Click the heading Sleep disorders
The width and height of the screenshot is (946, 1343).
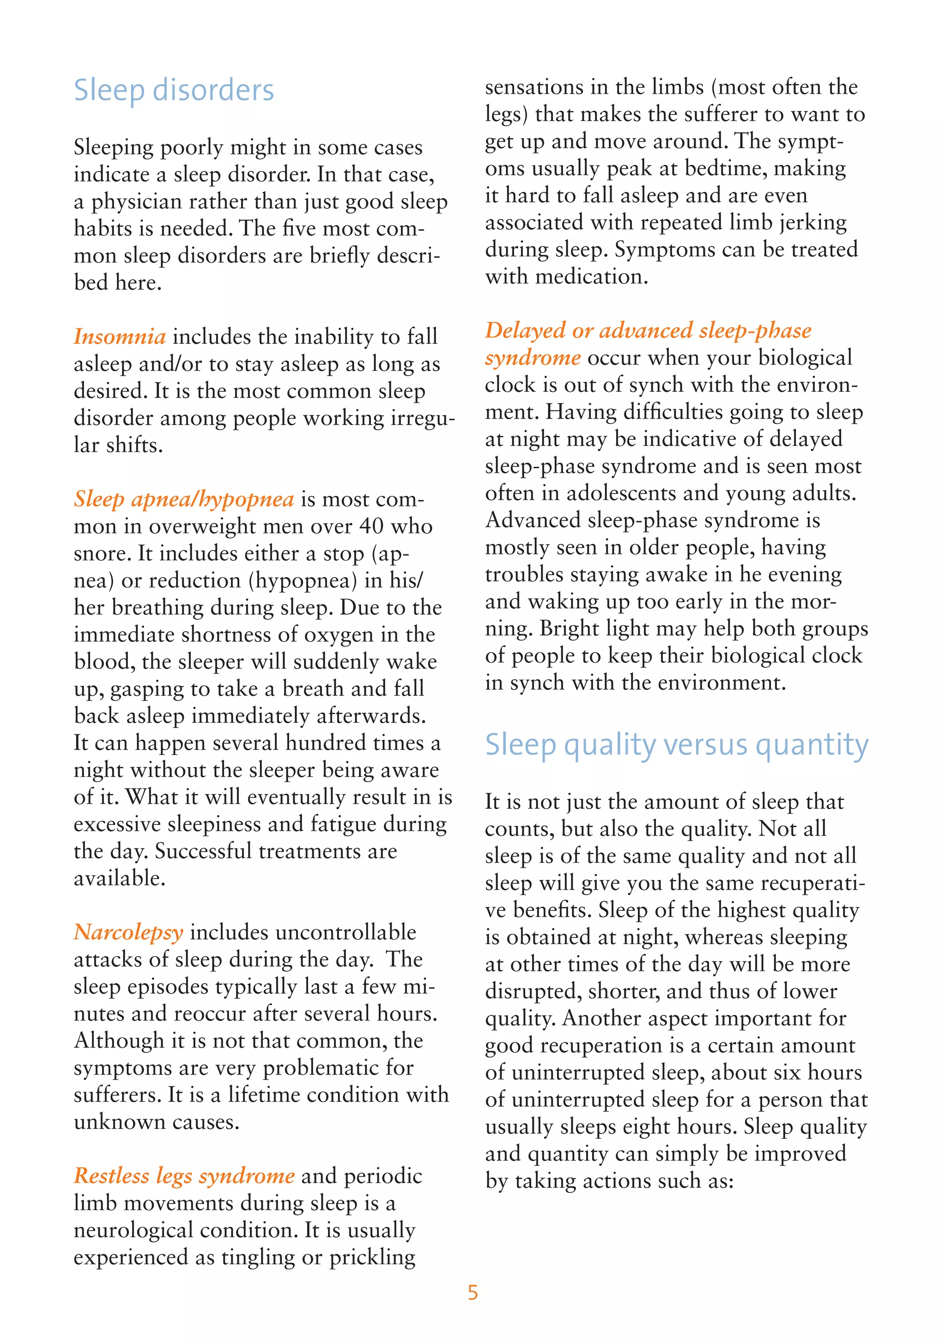[174, 91]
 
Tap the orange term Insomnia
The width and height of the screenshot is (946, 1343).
[120, 337]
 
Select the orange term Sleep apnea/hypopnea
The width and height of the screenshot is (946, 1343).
[183, 500]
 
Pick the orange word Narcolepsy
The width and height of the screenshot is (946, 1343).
[128, 932]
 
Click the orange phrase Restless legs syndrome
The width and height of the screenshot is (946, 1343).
[184, 1176]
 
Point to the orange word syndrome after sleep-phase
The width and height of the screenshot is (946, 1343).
[533, 357]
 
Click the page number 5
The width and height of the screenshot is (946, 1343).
[473, 1292]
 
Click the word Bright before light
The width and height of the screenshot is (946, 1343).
[567, 629]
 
